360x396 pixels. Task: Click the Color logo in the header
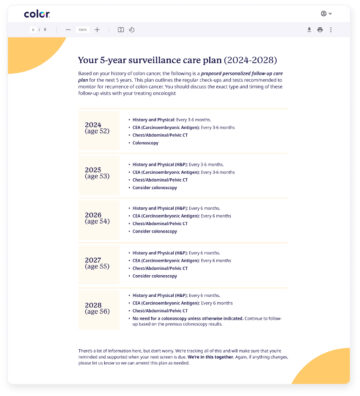pyautogui.click(x=37, y=13)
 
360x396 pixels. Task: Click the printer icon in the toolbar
pyautogui.click(x=320, y=30)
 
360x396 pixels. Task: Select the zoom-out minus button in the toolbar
pyautogui.click(x=67, y=30)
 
